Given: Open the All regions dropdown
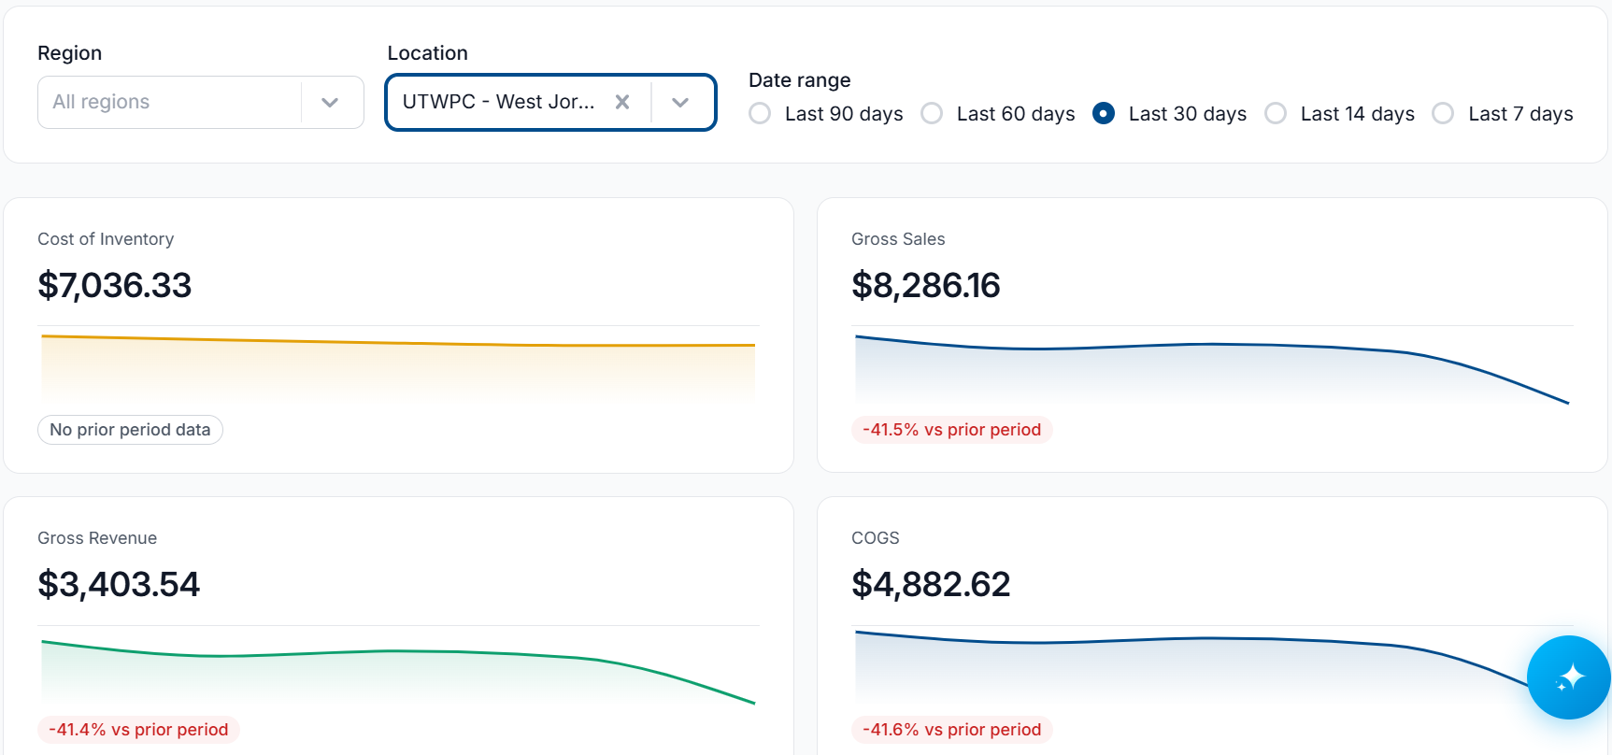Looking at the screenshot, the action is point(200,102).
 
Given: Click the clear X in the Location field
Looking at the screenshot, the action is point(622,102).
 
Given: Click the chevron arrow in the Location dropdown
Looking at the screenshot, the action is point(680,102).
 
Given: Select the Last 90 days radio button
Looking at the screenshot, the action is point(760,113).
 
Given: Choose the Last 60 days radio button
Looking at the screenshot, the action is point(932,113).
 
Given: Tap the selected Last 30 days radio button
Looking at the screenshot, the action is point(1104,113).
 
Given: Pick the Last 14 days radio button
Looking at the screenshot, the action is point(1276,113).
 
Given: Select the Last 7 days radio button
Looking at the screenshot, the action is point(1443,113).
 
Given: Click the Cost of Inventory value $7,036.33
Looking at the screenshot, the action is point(114,285).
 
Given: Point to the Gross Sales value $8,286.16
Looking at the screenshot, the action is point(926,285).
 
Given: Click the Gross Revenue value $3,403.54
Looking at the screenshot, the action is point(119,584).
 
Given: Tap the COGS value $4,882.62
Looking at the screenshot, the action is point(931,584).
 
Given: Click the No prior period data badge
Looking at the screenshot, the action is point(130,430).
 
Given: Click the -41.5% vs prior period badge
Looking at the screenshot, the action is point(951,430).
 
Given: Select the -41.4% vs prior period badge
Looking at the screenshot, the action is point(138,730).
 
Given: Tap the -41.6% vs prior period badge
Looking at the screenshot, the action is point(951,730).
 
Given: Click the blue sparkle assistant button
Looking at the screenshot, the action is point(1568,677).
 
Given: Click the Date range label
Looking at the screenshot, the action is point(800,80).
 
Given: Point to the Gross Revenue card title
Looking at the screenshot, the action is point(97,538).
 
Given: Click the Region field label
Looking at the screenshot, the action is point(70,53).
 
